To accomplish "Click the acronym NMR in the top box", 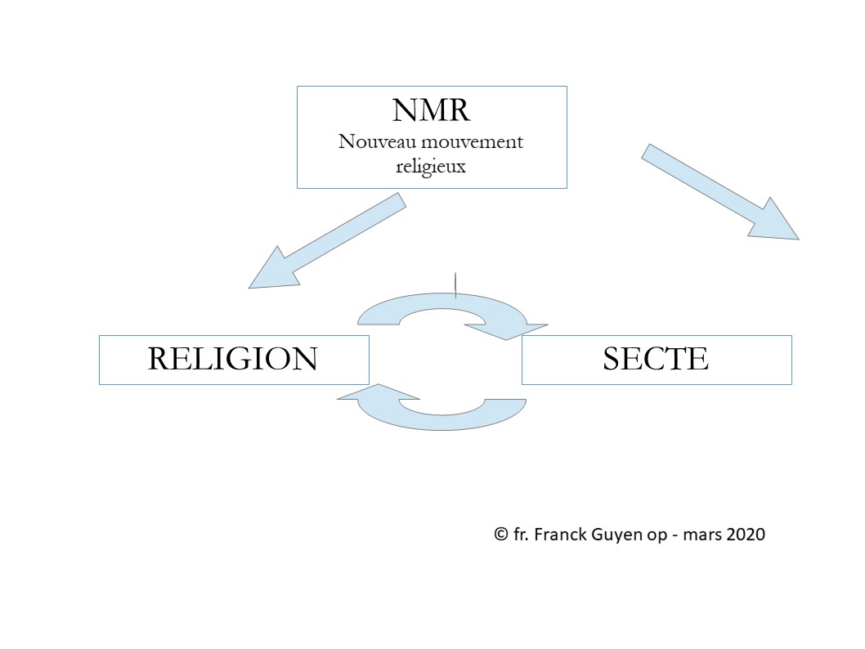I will tap(431, 111).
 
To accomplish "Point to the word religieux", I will tap(431, 166).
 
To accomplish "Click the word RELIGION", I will tap(232, 359).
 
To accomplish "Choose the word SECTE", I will tap(656, 359).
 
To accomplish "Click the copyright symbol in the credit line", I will tap(501, 535).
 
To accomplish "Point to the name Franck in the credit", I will tap(561, 535).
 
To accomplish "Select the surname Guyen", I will tap(616, 535).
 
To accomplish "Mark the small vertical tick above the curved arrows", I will tap(455, 281).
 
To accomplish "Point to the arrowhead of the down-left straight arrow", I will tap(271, 269).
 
